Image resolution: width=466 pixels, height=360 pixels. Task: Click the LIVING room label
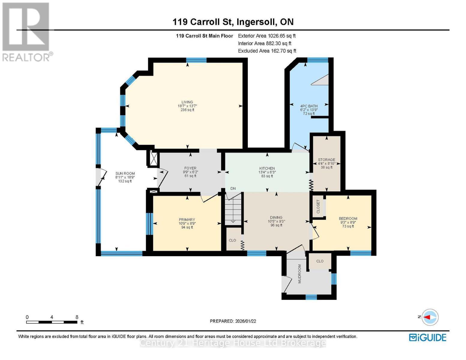tap(187, 102)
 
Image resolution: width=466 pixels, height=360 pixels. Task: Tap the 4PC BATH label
tap(309, 106)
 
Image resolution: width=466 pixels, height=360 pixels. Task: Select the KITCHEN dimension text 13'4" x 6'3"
tap(267, 172)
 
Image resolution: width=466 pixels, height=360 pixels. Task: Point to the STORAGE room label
tap(326, 160)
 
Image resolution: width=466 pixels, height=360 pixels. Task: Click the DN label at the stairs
tap(233, 188)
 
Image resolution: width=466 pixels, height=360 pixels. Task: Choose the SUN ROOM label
tap(125, 173)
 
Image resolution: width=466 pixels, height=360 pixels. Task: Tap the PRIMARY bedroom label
tap(187, 220)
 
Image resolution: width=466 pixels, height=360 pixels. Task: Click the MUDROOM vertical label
tap(299, 274)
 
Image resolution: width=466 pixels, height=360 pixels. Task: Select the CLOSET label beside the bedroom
tap(318, 206)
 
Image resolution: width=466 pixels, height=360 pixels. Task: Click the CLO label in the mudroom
tap(320, 261)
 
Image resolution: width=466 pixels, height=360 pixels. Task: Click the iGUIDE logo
tap(428, 337)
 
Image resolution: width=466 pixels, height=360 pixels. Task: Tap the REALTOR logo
tap(26, 31)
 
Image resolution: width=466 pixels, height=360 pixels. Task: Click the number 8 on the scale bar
tap(77, 317)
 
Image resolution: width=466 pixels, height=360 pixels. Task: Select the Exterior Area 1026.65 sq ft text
tap(267, 36)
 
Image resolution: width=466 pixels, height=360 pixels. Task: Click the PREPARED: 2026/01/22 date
tap(233, 321)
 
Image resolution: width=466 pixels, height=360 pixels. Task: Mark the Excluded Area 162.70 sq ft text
tap(267, 51)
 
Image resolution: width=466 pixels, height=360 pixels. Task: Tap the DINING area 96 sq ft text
tap(276, 225)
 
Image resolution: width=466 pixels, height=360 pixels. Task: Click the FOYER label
tap(190, 168)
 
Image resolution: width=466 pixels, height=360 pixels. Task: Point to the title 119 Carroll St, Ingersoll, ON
tap(233, 22)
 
